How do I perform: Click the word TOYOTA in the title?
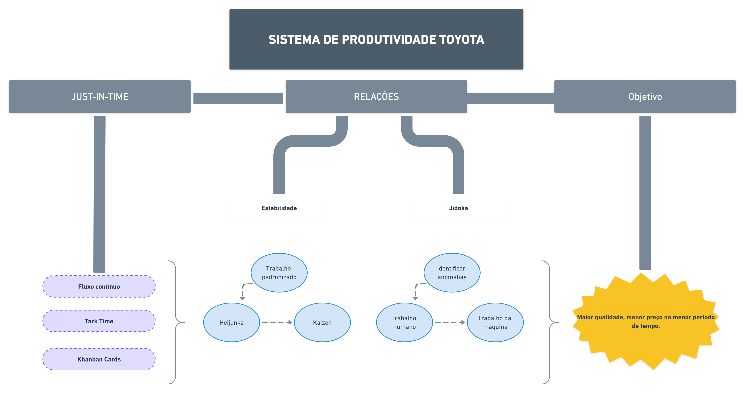[x=462, y=40]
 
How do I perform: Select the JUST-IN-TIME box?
[x=100, y=97]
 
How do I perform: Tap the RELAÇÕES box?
[x=376, y=97]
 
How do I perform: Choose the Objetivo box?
[x=645, y=97]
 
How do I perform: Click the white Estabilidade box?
[x=279, y=208]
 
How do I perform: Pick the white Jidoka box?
[x=458, y=208]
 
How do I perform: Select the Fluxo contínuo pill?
[x=99, y=287]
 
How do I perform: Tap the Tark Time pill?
[x=99, y=321]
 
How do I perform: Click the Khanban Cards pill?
[x=99, y=359]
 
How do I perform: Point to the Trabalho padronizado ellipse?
[x=279, y=273]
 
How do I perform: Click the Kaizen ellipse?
[x=322, y=322]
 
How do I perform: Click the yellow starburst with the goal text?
[x=646, y=321]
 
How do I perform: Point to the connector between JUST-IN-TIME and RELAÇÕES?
[x=238, y=98]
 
